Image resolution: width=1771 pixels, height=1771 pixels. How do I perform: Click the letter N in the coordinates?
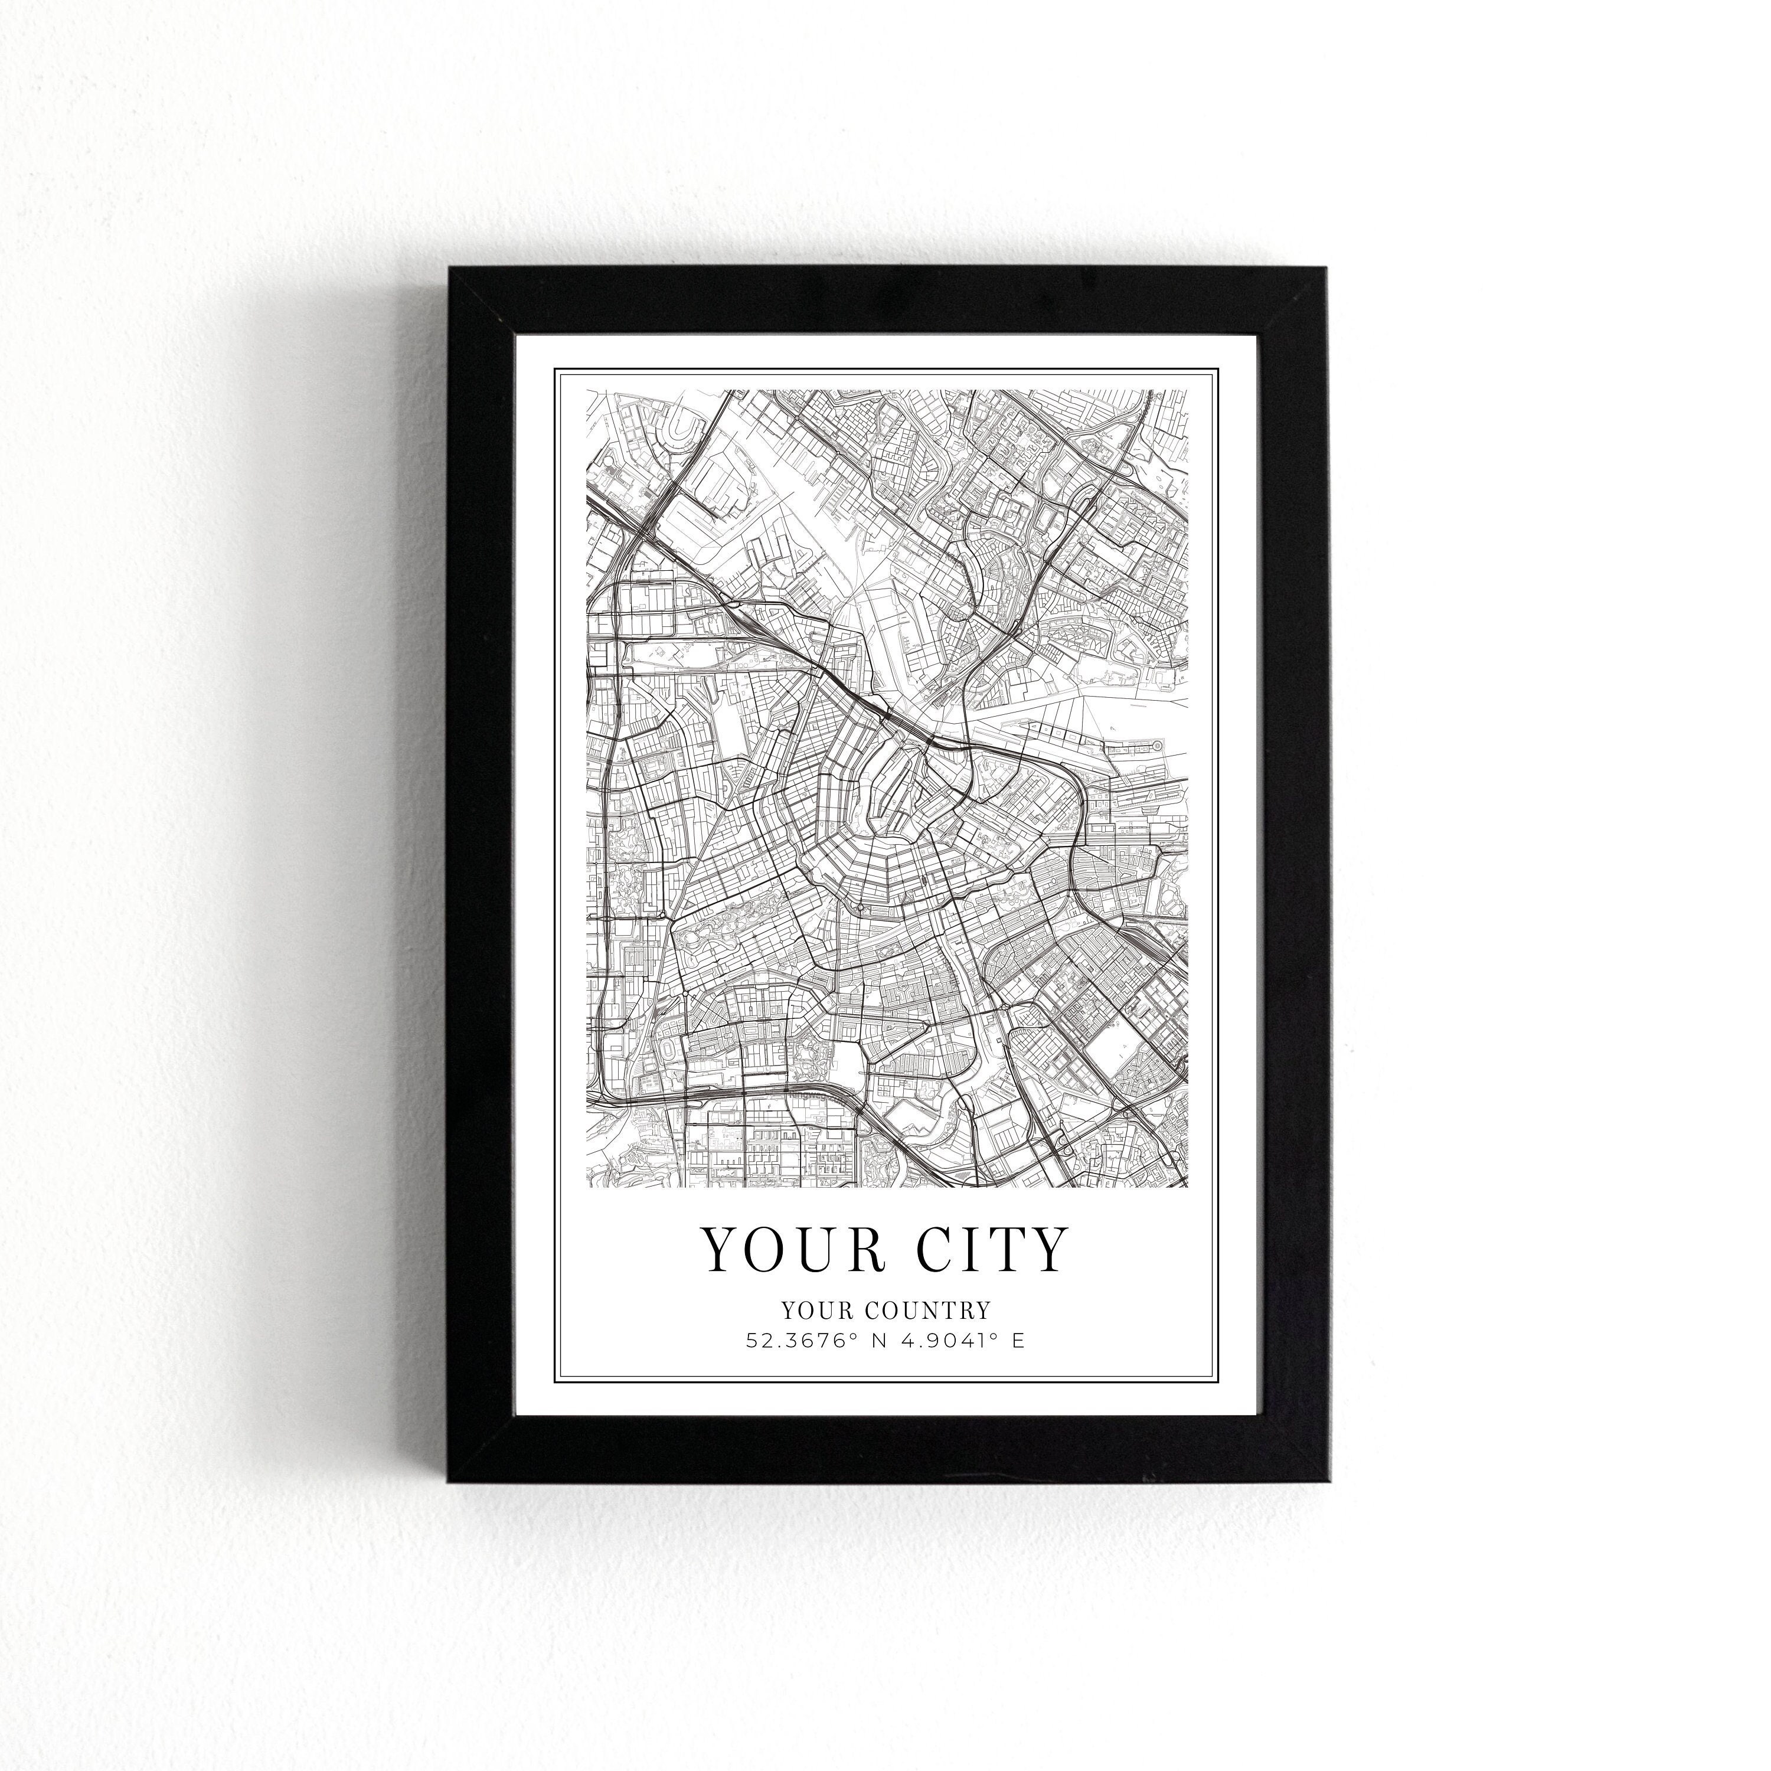879,1340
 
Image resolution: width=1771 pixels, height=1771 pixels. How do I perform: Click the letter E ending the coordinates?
1018,1340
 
